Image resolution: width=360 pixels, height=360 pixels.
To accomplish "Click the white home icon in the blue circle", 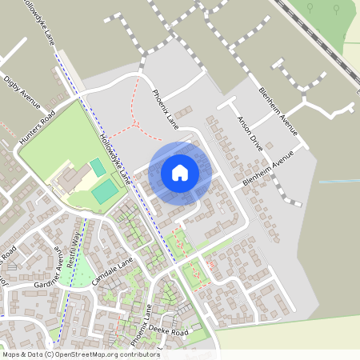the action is (179, 172).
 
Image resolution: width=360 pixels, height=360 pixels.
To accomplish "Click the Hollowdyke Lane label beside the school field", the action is (114, 154).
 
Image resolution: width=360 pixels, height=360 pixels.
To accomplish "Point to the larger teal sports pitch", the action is (104, 193).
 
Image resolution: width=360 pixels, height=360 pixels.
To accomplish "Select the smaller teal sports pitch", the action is (97, 167).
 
